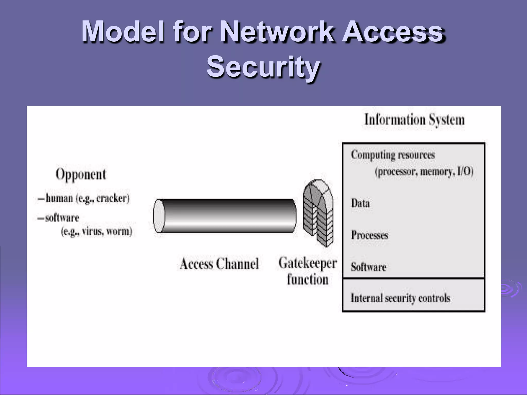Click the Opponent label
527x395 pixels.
(x=81, y=174)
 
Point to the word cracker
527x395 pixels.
(x=112, y=198)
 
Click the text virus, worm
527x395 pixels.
(x=107, y=231)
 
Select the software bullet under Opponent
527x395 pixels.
(x=62, y=218)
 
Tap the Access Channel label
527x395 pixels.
(x=219, y=264)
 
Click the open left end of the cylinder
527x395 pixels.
(x=159, y=216)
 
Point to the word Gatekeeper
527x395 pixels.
(x=308, y=263)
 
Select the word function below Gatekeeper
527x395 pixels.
(x=308, y=280)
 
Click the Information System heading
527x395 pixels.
(x=414, y=120)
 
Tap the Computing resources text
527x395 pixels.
(x=393, y=155)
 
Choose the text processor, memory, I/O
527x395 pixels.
(x=424, y=171)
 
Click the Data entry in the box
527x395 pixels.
(x=360, y=203)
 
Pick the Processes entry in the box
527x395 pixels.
(x=370, y=235)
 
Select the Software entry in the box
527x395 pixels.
(x=368, y=267)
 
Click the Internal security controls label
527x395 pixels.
(x=400, y=298)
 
